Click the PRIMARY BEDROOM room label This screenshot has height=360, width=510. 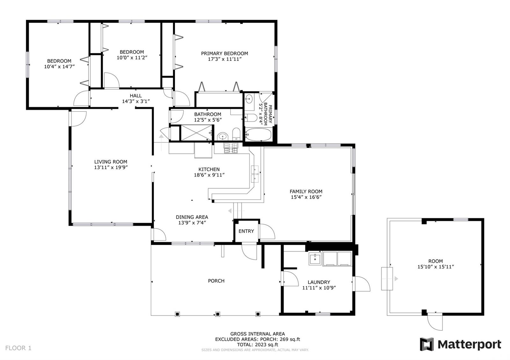224,54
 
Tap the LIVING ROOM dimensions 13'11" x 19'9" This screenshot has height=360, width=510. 111,168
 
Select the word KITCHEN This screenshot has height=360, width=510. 209,169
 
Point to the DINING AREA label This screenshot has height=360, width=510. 192,217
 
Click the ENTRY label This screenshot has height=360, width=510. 246,231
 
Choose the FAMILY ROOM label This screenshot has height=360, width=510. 306,191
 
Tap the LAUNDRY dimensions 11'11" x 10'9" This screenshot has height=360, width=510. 319,288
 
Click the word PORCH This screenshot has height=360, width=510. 216,281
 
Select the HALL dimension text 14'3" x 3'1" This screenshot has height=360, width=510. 136,102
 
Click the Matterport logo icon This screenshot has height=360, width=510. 427,344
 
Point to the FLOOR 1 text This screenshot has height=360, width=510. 18,348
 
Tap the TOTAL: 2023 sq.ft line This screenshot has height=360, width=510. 258,344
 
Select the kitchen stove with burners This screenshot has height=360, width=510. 231,148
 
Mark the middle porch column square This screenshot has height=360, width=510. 218,314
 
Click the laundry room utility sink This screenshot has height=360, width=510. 315,259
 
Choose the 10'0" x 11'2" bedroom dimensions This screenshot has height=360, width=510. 132,58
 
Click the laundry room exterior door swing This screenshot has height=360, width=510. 361,284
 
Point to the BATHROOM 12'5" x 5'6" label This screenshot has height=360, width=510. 208,117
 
